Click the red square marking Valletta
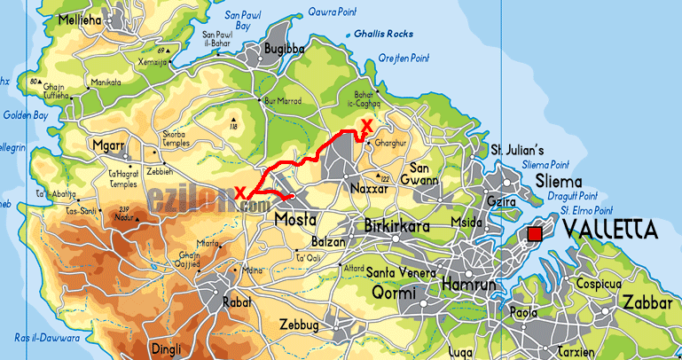click(534, 234)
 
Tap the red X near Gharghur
click(366, 126)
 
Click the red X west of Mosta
click(240, 192)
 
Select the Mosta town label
click(296, 218)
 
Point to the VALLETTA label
click(610, 231)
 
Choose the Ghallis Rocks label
click(384, 33)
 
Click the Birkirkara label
click(398, 227)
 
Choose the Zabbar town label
click(648, 301)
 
